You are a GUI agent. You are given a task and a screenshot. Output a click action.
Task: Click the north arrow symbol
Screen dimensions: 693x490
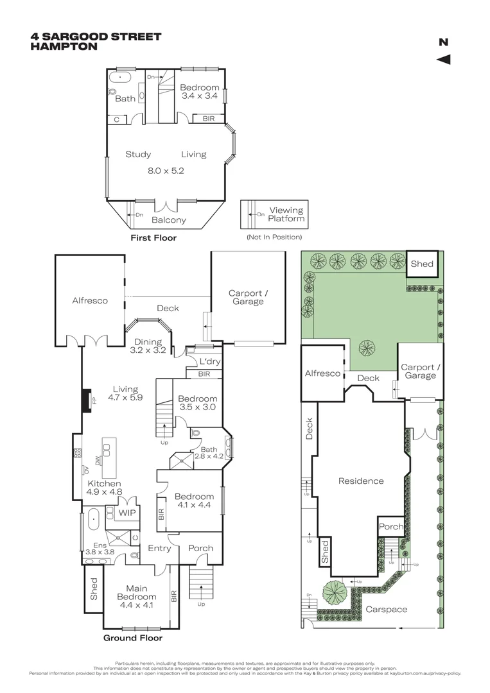point(443,60)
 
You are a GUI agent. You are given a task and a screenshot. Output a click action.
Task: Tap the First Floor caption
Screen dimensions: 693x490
point(153,237)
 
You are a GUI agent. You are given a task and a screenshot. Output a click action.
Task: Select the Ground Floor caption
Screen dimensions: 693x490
point(133,638)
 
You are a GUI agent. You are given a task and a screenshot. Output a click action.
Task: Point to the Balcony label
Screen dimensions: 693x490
point(168,219)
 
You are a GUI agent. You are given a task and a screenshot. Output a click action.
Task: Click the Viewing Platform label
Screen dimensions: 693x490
point(286,214)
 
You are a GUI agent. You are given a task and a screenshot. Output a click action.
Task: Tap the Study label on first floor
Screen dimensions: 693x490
point(138,154)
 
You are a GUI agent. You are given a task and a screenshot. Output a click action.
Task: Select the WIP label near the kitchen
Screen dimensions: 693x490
point(126,512)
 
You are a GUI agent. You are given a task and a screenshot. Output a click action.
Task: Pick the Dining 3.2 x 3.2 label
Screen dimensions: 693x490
point(148,346)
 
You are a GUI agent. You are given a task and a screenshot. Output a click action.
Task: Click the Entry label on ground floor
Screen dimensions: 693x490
point(159,548)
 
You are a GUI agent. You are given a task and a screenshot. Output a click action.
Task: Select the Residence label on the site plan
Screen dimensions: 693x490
point(361,481)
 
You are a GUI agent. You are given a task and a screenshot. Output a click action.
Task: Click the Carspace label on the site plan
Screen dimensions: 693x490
point(386,609)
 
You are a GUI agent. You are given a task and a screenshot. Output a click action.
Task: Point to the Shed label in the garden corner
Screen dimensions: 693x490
point(422,263)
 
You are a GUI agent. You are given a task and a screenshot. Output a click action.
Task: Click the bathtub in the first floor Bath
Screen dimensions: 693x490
point(120,80)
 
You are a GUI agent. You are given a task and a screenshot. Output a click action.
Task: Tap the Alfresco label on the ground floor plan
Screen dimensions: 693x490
point(89,300)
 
